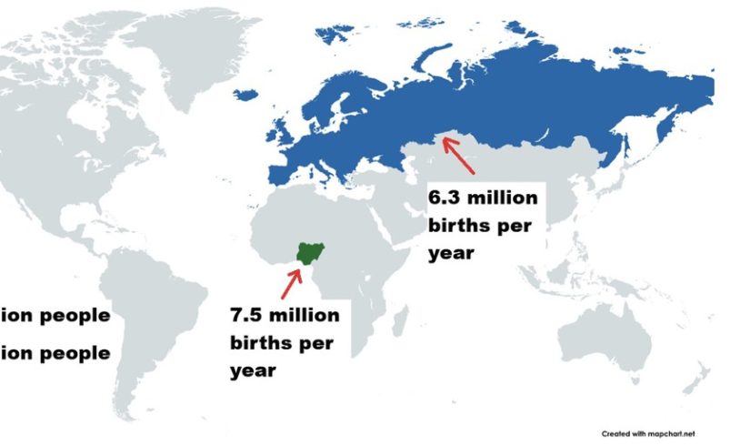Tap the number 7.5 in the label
click(251, 315)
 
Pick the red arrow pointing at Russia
click(459, 155)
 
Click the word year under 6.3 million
click(451, 253)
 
